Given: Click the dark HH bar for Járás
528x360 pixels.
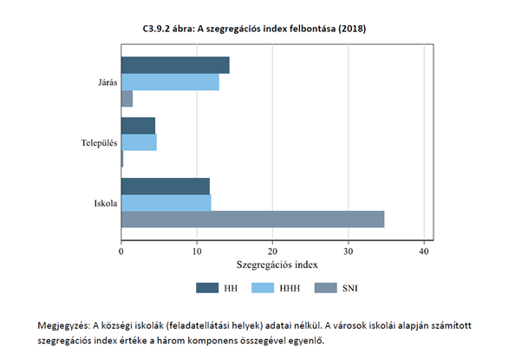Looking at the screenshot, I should click(x=175, y=65).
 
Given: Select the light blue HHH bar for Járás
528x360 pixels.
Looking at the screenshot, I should click(x=170, y=82).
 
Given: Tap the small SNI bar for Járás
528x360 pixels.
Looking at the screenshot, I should click(x=127, y=99).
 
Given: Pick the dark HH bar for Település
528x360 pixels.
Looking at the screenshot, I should click(x=138, y=126).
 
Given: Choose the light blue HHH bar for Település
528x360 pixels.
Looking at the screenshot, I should click(x=139, y=142).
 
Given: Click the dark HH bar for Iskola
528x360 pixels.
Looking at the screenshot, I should click(x=165, y=186).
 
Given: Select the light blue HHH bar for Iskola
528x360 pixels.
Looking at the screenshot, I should click(x=166, y=202).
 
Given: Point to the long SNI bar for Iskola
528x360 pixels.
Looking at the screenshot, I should click(x=252, y=219).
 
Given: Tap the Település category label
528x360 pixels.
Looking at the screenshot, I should click(x=97, y=142).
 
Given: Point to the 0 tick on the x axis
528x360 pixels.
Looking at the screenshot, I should click(x=121, y=251).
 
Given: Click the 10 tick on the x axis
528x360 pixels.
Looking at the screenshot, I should click(x=197, y=251).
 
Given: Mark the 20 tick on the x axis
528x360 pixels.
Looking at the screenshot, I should click(x=272, y=251).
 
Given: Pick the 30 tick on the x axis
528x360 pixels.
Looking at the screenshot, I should click(x=348, y=251).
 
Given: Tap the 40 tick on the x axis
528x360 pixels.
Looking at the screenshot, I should click(x=424, y=251).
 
